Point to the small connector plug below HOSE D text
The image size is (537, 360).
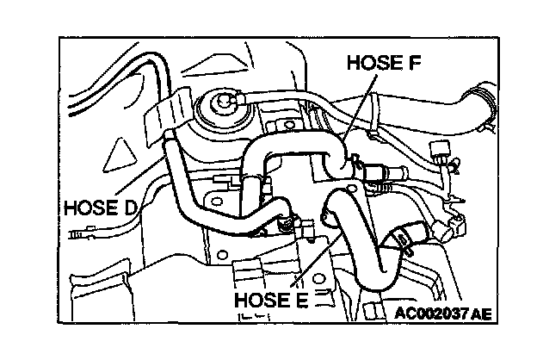click(83, 232)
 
